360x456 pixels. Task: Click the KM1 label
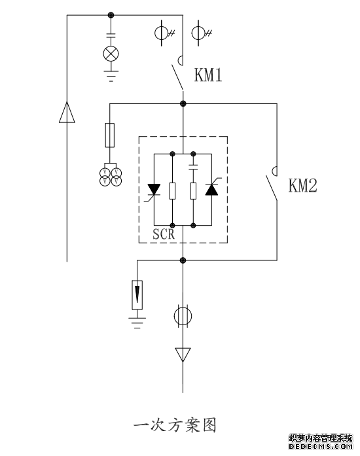click(208, 75)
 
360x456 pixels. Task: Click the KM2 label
click(302, 185)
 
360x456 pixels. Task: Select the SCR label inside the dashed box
click(164, 234)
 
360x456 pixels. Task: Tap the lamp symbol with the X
click(111, 54)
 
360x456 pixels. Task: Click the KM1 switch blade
click(177, 77)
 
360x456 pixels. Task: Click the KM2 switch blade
click(271, 188)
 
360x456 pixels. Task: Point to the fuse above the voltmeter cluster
click(110, 135)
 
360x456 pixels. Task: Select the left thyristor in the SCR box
click(153, 190)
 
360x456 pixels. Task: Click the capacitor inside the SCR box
click(193, 167)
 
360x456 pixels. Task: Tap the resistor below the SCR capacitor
click(193, 191)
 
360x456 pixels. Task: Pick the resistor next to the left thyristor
click(173, 191)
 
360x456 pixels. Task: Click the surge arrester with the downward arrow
click(137, 295)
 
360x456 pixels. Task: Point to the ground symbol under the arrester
click(137, 323)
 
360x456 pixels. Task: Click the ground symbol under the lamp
click(111, 76)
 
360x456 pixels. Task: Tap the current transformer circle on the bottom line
click(183, 316)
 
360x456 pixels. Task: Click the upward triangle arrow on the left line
click(67, 113)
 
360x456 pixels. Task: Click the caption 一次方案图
click(175, 425)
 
